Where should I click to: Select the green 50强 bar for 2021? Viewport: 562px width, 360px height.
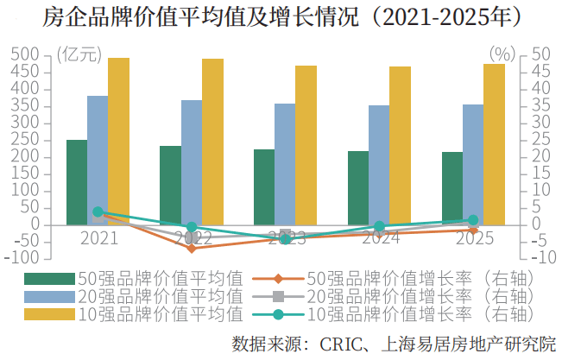coord(77,181)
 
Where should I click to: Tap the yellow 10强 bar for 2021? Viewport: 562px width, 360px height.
coord(118,138)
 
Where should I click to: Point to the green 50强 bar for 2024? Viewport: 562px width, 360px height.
coord(357,187)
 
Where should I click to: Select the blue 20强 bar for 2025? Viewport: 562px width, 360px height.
coord(473,164)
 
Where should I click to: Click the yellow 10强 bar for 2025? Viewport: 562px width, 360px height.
coord(494,143)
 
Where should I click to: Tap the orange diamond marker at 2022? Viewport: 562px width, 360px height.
coord(192,248)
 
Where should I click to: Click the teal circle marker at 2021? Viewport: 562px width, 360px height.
coord(98,212)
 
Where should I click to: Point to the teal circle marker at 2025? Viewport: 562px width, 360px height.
coord(473,220)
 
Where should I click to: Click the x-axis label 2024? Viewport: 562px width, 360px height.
coord(380,237)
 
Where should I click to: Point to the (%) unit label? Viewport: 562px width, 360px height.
coord(502,54)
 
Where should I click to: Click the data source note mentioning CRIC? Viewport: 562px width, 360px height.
coord(394,344)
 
